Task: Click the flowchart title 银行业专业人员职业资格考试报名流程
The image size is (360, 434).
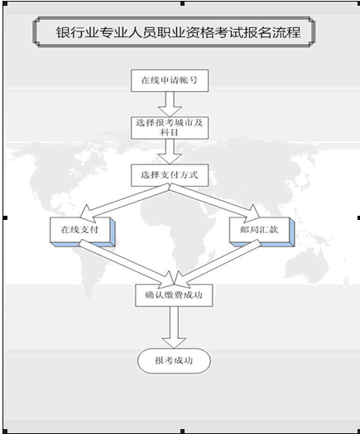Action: (179, 32)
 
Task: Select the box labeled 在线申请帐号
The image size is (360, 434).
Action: (170, 80)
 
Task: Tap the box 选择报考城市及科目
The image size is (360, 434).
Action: (170, 127)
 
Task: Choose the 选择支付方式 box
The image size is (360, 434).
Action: (170, 175)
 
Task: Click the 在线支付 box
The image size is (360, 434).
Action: (82, 232)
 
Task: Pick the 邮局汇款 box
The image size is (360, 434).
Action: (262, 232)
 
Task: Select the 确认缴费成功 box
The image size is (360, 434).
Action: (174, 295)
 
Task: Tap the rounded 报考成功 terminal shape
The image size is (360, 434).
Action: (174, 360)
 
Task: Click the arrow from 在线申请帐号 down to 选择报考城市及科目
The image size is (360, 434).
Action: (170, 104)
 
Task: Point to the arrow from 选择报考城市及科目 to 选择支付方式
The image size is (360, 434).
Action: (170, 151)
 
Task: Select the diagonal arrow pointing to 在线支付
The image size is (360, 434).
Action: (124, 202)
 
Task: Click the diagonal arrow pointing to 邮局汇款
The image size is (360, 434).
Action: (215, 202)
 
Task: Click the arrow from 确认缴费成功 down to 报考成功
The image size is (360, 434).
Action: (174, 327)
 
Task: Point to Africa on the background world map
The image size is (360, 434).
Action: (177, 232)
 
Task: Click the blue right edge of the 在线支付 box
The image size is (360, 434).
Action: (113, 231)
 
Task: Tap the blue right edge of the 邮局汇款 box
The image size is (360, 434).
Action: (292, 231)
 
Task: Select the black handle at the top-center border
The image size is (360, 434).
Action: (182, 3)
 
